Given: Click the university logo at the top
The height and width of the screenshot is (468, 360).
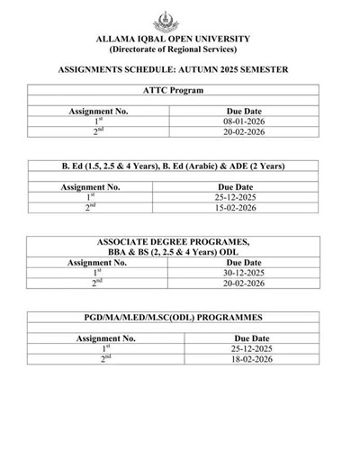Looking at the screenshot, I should [179, 19].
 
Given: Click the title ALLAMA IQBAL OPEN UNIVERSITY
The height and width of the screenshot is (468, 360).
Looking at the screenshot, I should [179, 40].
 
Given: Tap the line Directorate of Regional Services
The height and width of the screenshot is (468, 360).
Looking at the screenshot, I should [179, 50].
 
